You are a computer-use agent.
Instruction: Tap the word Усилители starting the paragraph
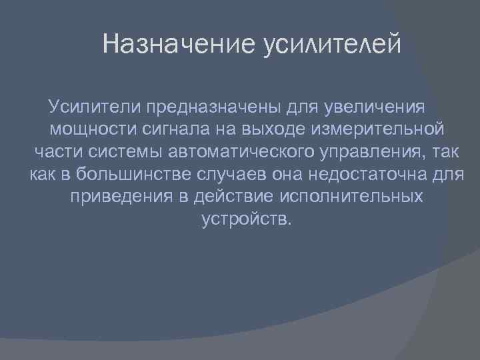click(95, 106)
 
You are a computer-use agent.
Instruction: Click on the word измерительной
click(387, 129)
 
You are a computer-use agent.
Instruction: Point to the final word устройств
click(245, 220)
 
